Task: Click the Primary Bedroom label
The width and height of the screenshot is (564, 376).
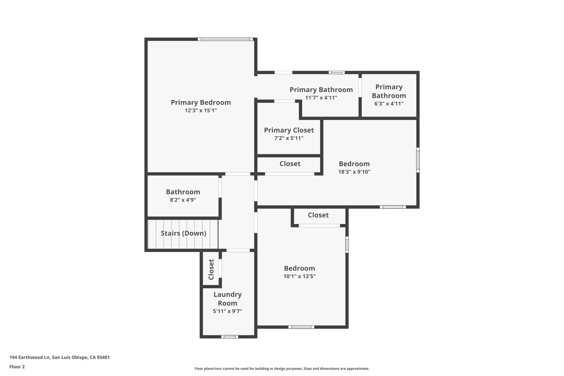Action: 201,102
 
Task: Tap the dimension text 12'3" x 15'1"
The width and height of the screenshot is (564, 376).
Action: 201,110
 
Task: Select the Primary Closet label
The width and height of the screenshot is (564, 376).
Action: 289,130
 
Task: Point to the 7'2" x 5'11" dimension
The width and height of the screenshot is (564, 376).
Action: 289,138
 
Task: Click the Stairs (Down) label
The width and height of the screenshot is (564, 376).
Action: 183,233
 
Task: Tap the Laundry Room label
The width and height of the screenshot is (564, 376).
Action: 227,299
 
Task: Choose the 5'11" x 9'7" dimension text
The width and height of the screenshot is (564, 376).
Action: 227,312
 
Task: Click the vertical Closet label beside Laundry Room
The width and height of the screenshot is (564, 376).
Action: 211,269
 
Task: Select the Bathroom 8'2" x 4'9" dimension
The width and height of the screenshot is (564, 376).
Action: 183,200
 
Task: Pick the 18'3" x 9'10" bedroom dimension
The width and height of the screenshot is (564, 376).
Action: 354,172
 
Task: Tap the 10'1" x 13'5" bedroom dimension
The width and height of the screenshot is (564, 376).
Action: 299,276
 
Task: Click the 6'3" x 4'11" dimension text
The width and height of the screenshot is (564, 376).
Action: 389,104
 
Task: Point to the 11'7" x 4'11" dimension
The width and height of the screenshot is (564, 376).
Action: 321,98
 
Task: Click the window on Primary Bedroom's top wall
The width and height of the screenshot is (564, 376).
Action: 225,39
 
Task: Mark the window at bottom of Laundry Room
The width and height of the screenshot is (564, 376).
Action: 230,337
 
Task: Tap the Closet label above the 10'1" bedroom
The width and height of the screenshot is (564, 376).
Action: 318,215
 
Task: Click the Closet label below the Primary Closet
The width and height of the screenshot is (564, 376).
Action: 290,164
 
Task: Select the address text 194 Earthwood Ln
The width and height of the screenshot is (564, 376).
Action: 59,358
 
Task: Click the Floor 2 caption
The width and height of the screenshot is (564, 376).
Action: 17,367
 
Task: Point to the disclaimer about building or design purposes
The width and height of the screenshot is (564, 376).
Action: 282,369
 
